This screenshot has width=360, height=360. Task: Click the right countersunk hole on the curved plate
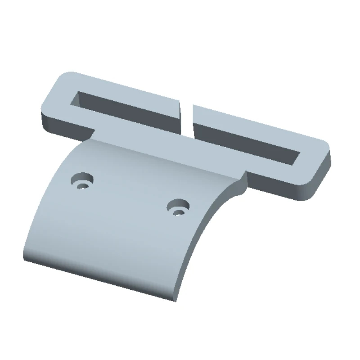[178, 207]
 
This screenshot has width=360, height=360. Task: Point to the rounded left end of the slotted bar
[52, 97]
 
